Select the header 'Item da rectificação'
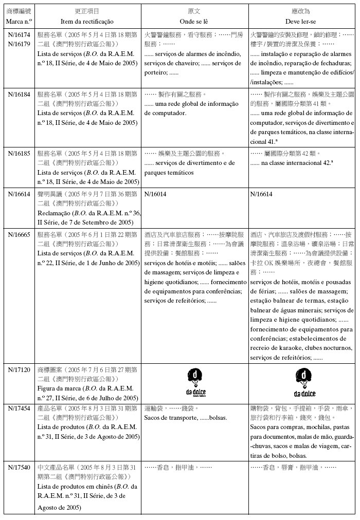pyautogui.click(x=87, y=21)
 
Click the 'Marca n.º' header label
pyautogui.click(x=20, y=21)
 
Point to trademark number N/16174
pyautogui.click(x=20, y=34)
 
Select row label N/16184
pyautogui.click(x=20, y=94)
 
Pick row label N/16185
pyautogui.click(x=20, y=153)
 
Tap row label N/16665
pyautogui.click(x=20, y=234)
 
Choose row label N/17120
pyautogui.click(x=20, y=369)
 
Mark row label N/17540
pyautogui.click(x=20, y=467)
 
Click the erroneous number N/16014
pyautogui.click(x=155, y=194)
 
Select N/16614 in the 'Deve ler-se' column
pyautogui.click(x=262, y=194)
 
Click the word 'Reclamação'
pyautogui.click(x=54, y=213)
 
